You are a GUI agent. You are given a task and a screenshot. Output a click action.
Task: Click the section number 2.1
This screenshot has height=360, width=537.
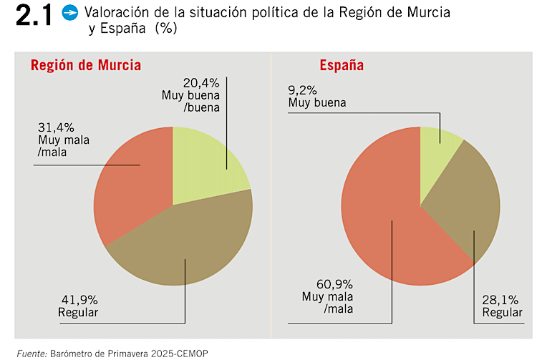(x=32, y=15)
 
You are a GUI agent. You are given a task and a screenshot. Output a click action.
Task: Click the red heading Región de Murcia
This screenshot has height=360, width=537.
(x=85, y=66)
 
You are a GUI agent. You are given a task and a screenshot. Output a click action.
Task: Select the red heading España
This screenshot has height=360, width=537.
(x=342, y=66)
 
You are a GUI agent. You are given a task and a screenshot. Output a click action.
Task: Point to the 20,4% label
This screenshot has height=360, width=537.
(x=201, y=83)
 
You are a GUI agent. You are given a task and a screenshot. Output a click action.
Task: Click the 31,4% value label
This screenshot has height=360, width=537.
(x=55, y=127)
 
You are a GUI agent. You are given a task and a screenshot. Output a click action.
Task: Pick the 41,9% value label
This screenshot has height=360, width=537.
(x=77, y=301)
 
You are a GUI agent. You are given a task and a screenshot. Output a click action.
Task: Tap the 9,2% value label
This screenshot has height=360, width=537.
(x=305, y=91)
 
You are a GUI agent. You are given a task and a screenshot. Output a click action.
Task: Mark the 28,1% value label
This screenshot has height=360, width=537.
(x=500, y=301)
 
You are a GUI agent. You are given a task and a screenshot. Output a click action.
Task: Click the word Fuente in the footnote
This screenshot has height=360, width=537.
(x=31, y=354)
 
